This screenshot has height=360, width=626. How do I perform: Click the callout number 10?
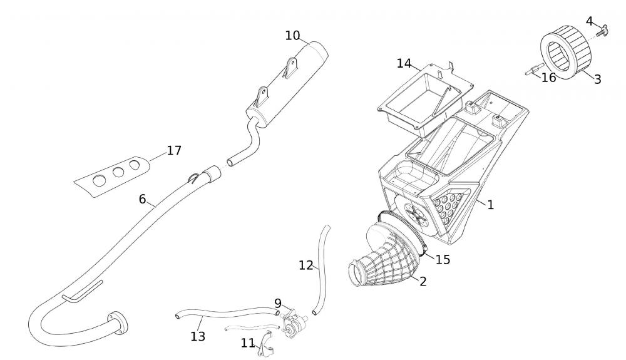pyautogui.click(x=292, y=36)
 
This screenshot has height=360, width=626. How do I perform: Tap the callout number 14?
pyautogui.click(x=404, y=63)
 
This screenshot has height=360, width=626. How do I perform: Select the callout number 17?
pyautogui.click(x=174, y=150)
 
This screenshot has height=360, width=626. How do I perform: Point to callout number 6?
pyautogui.click(x=142, y=199)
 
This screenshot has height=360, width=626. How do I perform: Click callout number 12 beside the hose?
pyautogui.click(x=305, y=265)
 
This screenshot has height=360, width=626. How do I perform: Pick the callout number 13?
pyautogui.click(x=198, y=336)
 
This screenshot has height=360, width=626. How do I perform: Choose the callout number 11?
pyautogui.click(x=248, y=342)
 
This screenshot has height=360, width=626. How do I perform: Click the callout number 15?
pyautogui.click(x=443, y=259)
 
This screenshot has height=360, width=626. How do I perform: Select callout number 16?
pyautogui.click(x=548, y=78)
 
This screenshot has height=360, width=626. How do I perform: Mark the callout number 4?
pyautogui.click(x=589, y=21)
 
